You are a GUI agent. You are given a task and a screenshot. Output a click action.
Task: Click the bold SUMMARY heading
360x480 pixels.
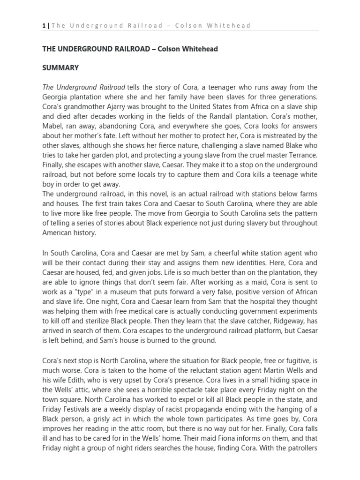pos(60,68)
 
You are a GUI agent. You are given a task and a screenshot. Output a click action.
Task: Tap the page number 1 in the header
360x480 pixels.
pos(44,26)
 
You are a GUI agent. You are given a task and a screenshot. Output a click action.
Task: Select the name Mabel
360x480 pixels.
pos(54,126)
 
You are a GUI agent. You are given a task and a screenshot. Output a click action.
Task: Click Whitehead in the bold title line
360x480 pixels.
pos(195,49)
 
